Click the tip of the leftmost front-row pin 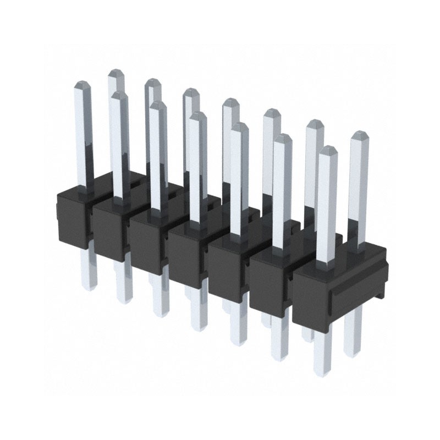[82, 85]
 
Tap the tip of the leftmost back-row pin [116, 74]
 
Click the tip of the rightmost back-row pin [359, 135]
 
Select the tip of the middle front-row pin [197, 116]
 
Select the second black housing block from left [108, 231]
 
